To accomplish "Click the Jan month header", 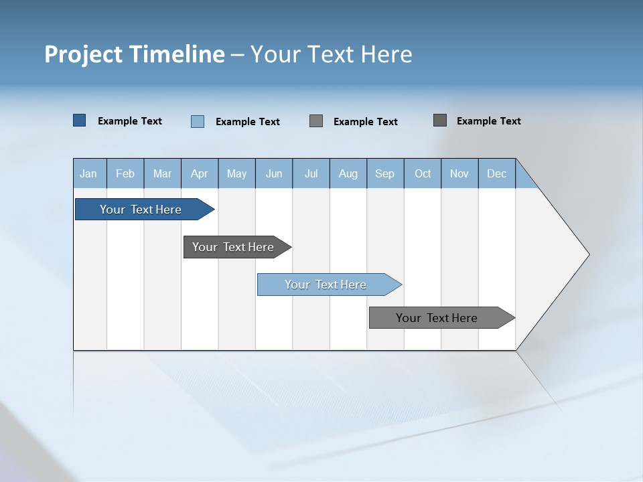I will (x=89, y=173).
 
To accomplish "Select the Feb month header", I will (x=125, y=173).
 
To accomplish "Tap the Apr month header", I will (x=200, y=173).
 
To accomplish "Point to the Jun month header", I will (x=274, y=173).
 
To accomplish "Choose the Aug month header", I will (x=348, y=173).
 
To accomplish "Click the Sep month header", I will (x=385, y=173).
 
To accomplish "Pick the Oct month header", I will (x=423, y=173).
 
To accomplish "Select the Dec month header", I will (x=497, y=173).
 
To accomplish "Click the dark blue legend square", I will (x=80, y=120).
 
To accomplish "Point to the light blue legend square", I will (x=198, y=121).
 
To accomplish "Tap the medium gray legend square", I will (x=316, y=120).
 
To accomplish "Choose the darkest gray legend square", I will (x=440, y=120).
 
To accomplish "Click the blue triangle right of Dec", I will (x=524, y=177).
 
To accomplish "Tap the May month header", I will (x=236, y=173).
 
